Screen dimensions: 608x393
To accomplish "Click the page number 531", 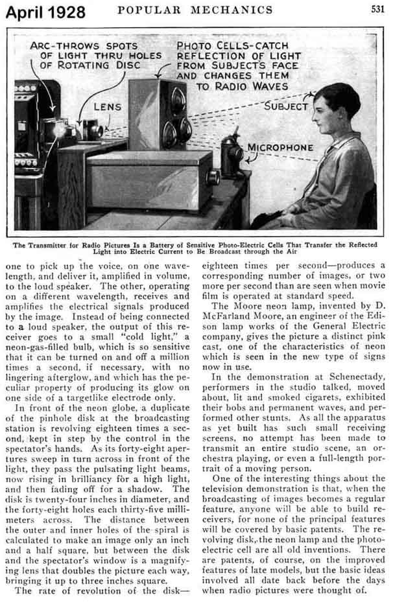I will (377, 9).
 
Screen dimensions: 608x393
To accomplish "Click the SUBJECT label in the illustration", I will (285, 104).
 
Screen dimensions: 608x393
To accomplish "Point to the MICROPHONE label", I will (280, 148).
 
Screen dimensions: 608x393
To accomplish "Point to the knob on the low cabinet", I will (211, 177).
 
